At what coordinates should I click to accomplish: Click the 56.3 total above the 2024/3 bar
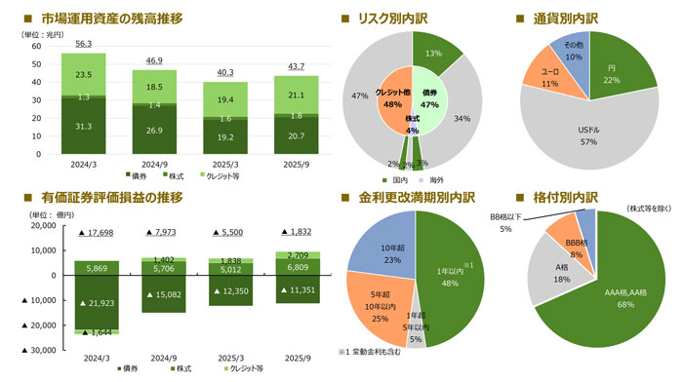(83, 44)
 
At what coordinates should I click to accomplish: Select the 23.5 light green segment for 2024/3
(83, 73)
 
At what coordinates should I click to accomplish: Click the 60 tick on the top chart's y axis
(35, 46)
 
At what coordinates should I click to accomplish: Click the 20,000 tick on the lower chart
(30, 225)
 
